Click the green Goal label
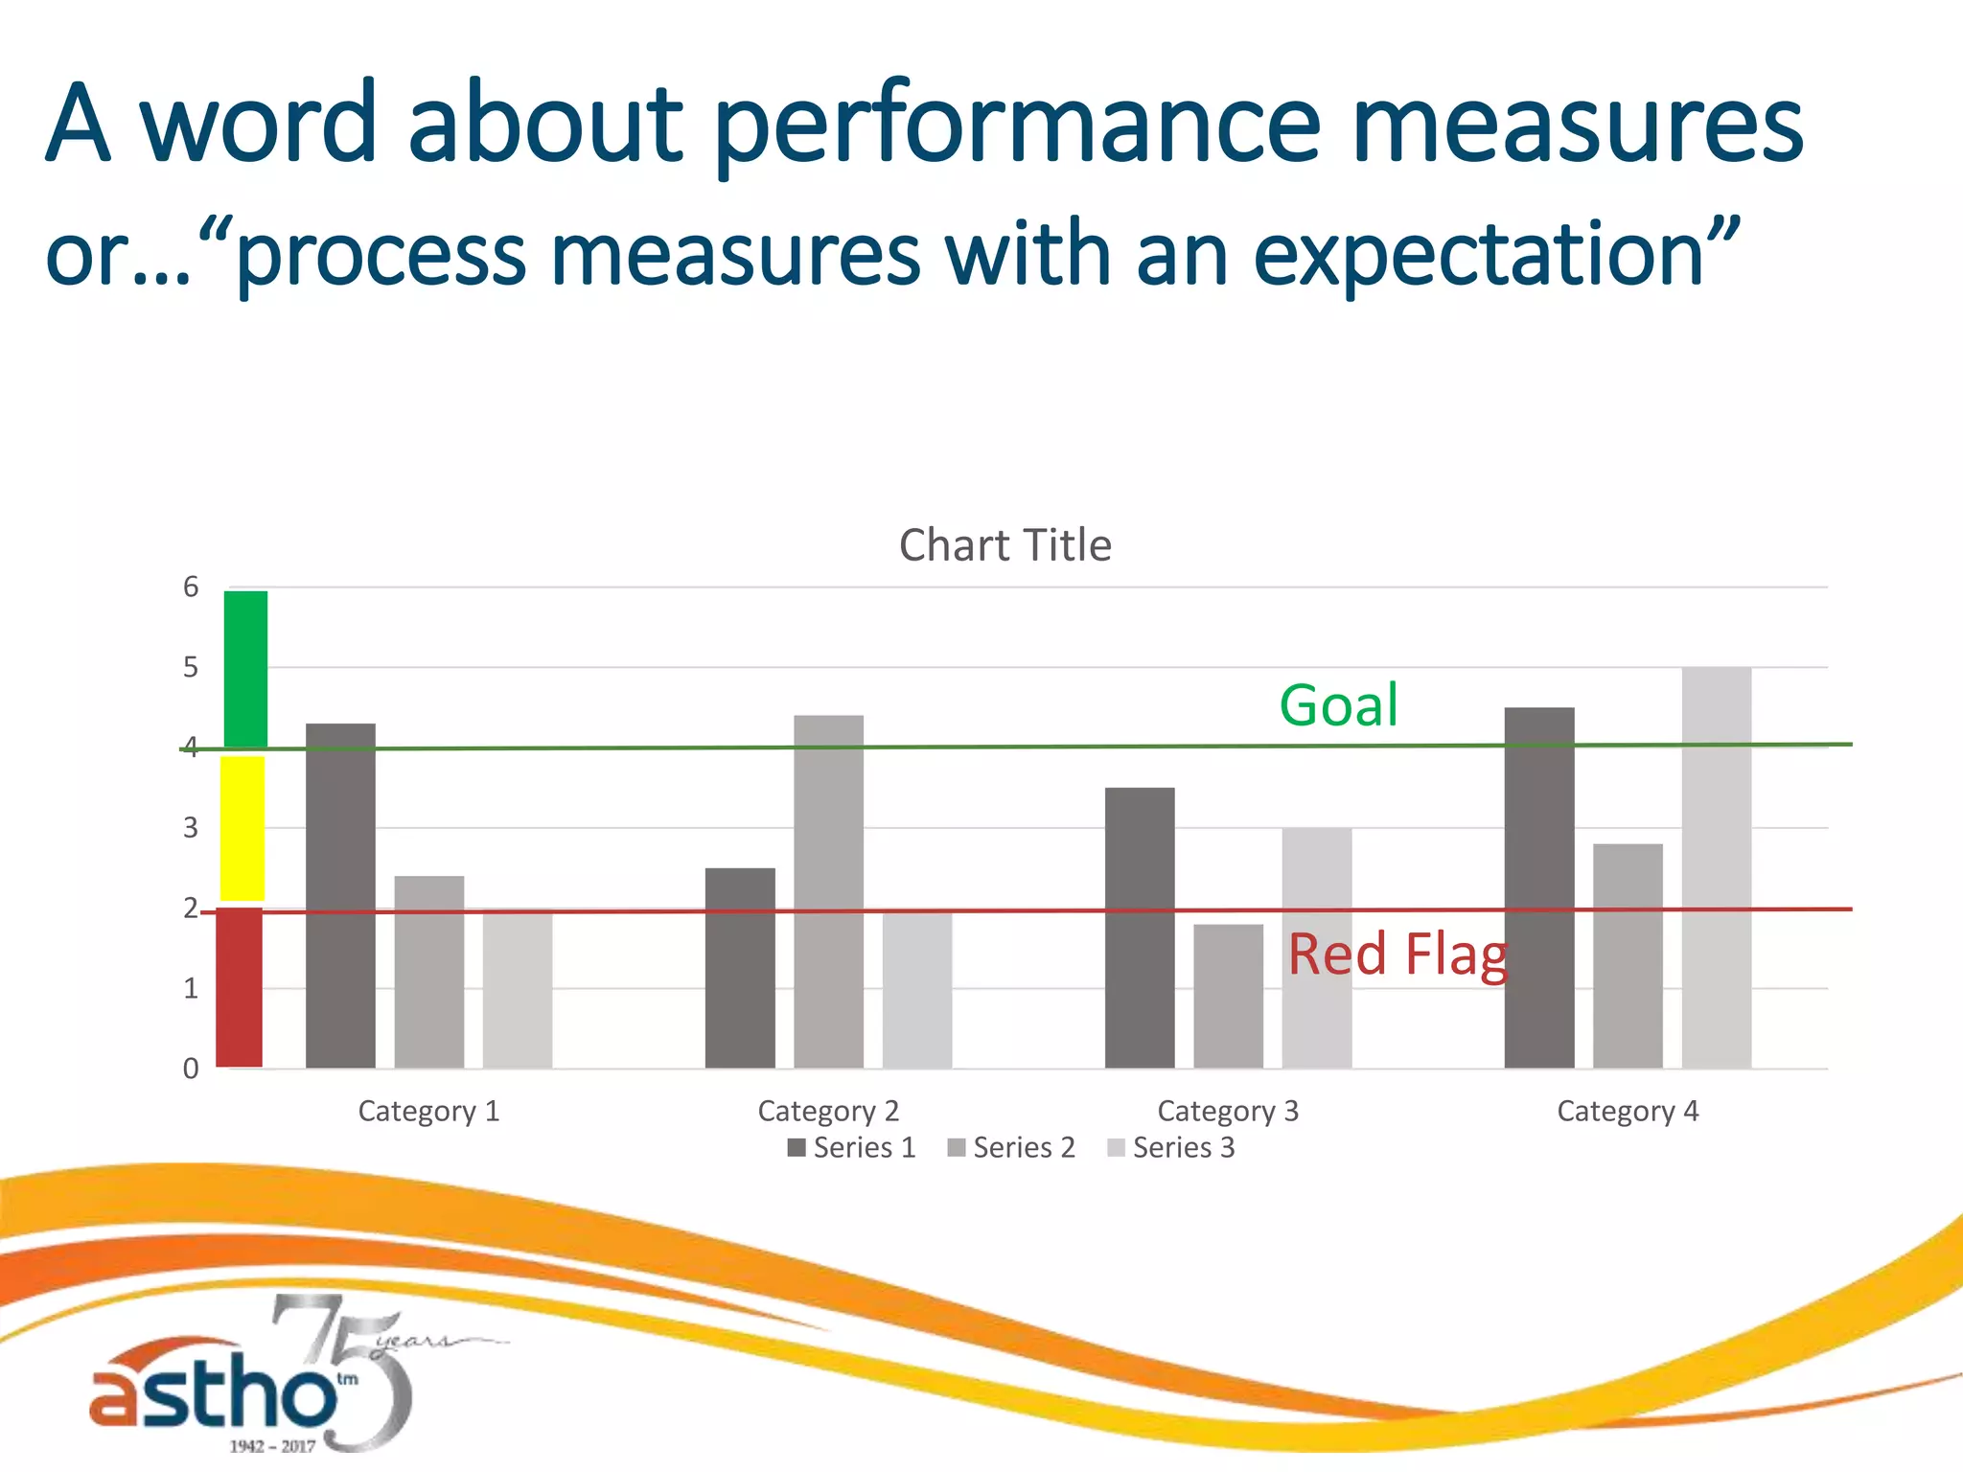[1338, 706]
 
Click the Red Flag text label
[1397, 955]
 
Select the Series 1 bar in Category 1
[340, 895]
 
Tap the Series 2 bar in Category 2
[828, 891]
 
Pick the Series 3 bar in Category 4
[1716, 867]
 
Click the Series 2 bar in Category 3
[1228, 996]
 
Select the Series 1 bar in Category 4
[1538, 887]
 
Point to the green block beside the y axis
[245, 669]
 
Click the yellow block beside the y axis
[242, 828]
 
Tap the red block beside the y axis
[240, 987]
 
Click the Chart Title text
[1005, 545]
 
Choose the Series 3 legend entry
[1171, 1147]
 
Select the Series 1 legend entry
[852, 1147]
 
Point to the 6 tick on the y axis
[191, 587]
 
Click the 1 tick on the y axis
[191, 988]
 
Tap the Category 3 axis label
[1228, 1111]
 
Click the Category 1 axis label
[428, 1111]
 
